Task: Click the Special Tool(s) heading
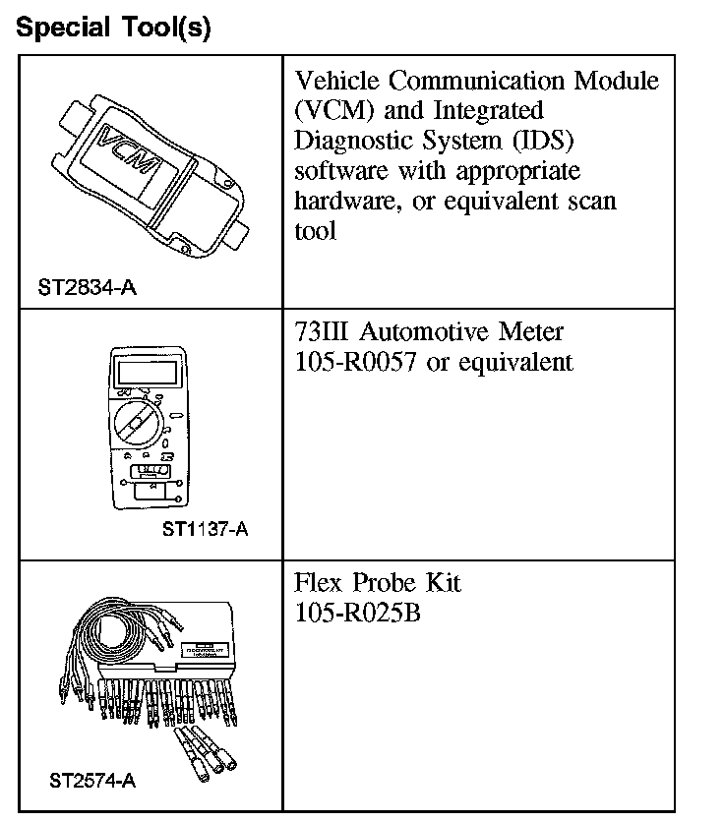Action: (114, 27)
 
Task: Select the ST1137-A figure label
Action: (205, 530)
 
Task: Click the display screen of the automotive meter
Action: (139, 372)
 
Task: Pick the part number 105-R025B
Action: (357, 613)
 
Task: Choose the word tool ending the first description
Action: (315, 231)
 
